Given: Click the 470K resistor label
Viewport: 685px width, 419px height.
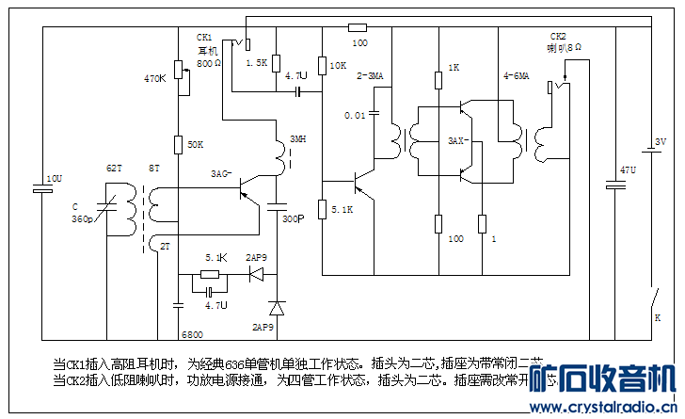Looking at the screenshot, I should click(154, 78).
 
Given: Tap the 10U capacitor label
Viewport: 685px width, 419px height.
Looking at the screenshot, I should click(54, 177).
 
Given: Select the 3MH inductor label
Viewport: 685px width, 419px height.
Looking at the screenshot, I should click(296, 139).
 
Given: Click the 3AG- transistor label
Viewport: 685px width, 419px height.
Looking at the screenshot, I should click(221, 174).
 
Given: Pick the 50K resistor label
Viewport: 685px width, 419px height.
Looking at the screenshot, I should click(196, 144).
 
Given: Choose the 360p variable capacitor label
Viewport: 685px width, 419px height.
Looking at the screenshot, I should click(83, 218).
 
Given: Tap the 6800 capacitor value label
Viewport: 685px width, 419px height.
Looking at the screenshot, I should click(193, 334).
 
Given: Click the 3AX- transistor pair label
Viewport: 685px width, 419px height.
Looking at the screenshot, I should click(458, 140).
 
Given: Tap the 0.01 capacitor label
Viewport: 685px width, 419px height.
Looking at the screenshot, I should click(355, 115).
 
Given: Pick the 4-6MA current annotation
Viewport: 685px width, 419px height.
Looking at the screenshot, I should click(517, 75).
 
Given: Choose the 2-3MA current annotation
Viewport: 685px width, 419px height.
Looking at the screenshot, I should click(369, 75).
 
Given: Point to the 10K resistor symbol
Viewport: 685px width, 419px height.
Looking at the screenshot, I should click(322, 64).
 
